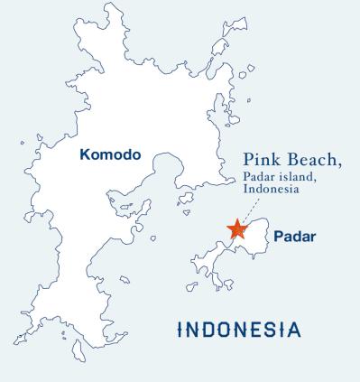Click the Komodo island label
(x=109, y=154)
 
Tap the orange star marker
(x=236, y=229)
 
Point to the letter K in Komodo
(x=85, y=154)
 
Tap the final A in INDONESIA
(x=295, y=327)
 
